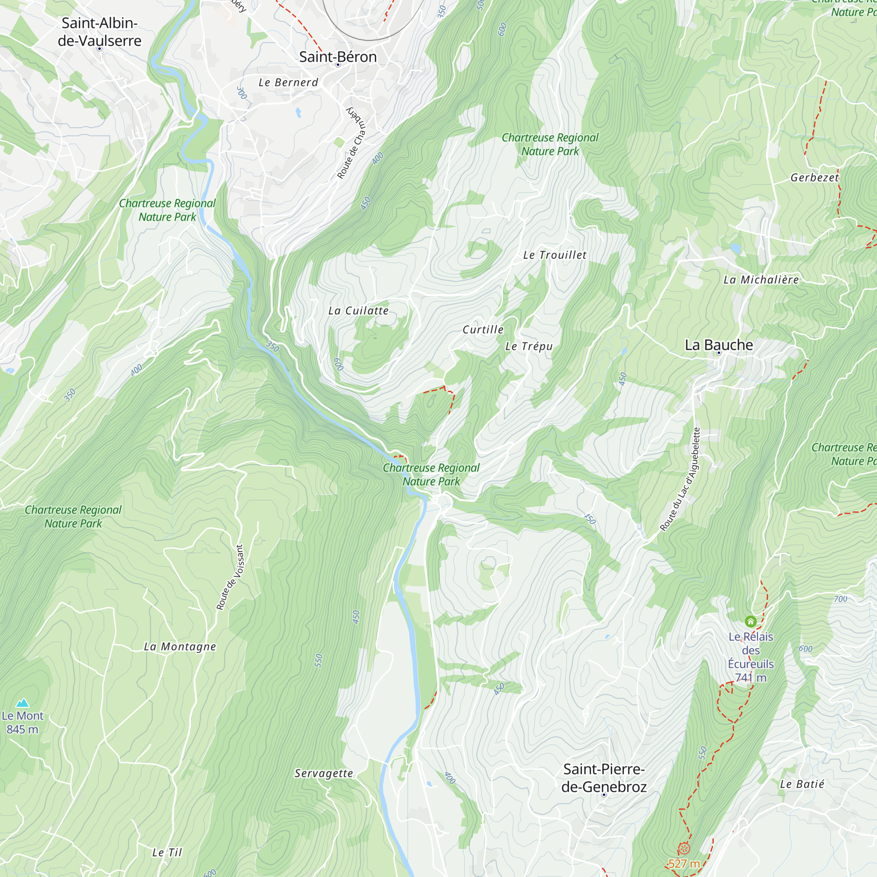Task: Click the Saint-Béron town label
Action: (x=338, y=57)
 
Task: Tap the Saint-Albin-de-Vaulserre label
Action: (x=100, y=32)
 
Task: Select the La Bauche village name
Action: (x=719, y=345)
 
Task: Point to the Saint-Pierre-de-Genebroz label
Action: (x=604, y=777)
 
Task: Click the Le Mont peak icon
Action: (x=22, y=703)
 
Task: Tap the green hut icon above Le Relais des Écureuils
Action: (x=750, y=621)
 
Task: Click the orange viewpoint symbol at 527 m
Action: (x=684, y=848)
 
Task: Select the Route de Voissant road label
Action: (x=230, y=578)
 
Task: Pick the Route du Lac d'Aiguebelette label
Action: (x=680, y=479)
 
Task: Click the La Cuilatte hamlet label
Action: (x=358, y=311)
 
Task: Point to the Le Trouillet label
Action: (x=554, y=255)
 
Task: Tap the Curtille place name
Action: (x=483, y=330)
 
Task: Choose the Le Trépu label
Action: (x=529, y=346)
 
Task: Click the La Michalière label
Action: (x=761, y=280)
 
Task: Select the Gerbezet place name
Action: (x=814, y=178)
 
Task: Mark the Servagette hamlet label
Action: (x=324, y=773)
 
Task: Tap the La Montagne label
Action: (x=180, y=646)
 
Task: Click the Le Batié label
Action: (x=802, y=784)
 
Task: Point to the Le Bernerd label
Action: (x=288, y=82)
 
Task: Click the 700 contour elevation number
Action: (x=840, y=599)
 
